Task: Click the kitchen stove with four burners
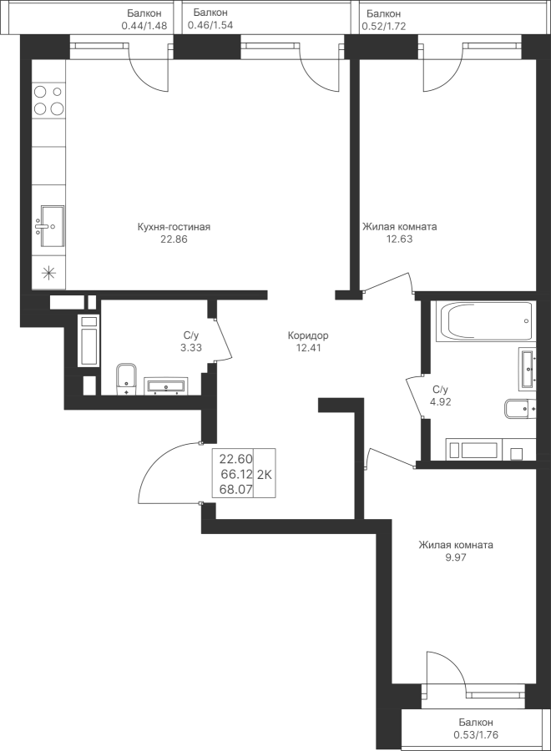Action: point(48,99)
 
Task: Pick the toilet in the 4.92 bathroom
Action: point(519,410)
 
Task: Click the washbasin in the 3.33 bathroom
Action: point(166,386)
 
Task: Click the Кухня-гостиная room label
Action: point(174,227)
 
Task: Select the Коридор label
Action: point(308,335)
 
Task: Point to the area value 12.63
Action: point(399,239)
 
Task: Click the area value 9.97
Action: point(455,557)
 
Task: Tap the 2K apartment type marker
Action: point(265,475)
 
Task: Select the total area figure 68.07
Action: point(235,490)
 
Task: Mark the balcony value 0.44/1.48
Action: point(145,26)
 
